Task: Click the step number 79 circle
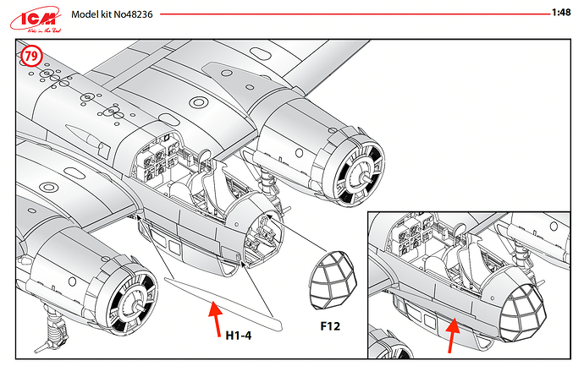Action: (x=30, y=57)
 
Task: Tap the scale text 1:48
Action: (x=560, y=14)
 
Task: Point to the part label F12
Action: (x=332, y=325)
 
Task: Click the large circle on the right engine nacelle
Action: (x=198, y=103)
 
